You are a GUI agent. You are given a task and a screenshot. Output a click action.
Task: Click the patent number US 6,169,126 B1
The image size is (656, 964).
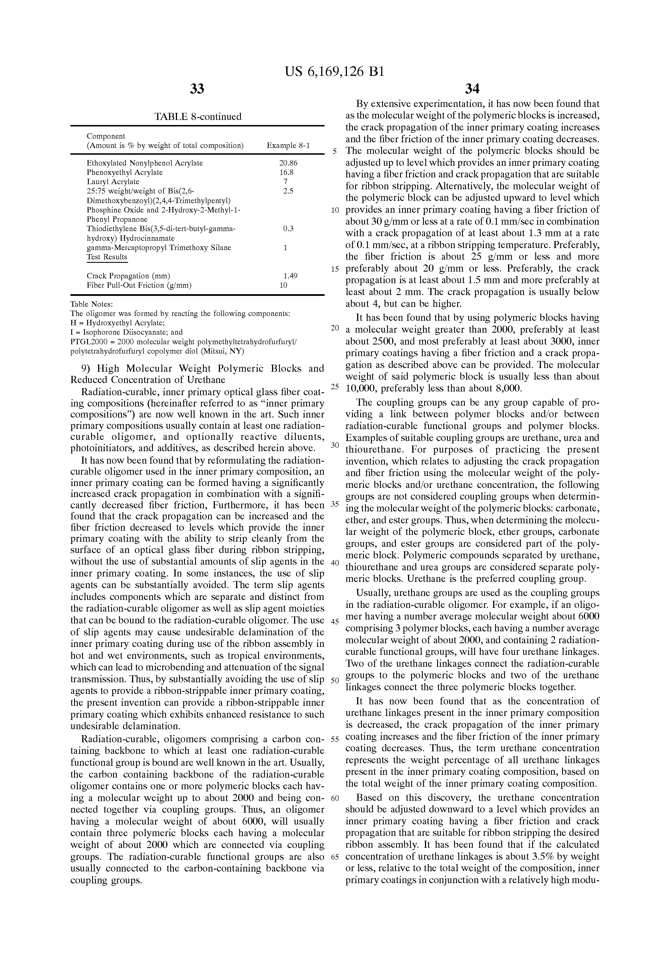(x=334, y=72)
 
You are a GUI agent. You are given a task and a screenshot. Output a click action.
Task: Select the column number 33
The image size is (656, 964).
(x=197, y=89)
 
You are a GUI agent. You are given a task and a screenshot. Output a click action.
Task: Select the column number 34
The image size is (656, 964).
(x=472, y=89)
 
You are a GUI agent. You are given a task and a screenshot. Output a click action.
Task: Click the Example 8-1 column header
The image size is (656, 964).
(x=288, y=146)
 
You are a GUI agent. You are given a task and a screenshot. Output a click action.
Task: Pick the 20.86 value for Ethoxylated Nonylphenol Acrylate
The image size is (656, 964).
(x=288, y=163)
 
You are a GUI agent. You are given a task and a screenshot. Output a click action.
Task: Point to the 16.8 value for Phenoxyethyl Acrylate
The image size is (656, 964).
(x=286, y=172)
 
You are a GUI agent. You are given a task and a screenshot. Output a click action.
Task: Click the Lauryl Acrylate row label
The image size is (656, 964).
(x=113, y=182)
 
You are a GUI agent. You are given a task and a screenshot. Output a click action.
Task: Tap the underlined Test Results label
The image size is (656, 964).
(x=107, y=257)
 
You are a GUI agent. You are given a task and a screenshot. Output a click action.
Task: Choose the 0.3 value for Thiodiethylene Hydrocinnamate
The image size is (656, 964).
(x=288, y=229)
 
